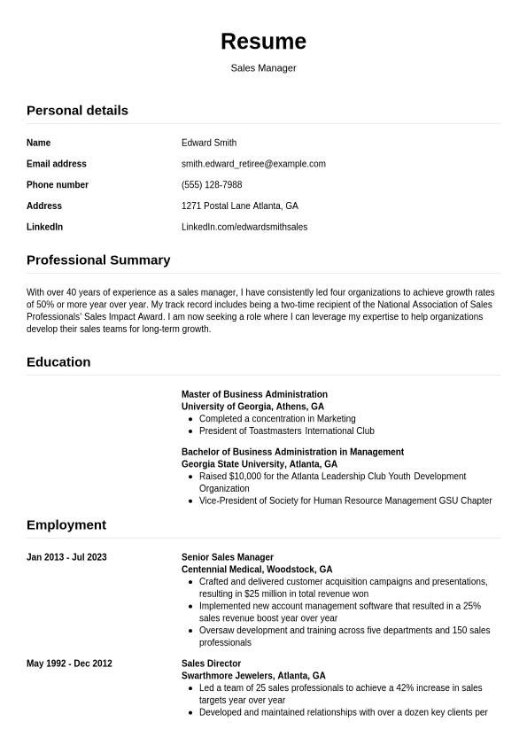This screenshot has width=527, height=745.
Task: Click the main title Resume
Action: [263, 42]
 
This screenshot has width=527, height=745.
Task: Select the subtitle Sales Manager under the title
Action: [263, 68]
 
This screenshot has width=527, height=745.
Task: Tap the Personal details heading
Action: [77, 111]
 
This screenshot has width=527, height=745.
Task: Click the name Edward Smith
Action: [209, 143]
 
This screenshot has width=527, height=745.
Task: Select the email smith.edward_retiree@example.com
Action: [253, 164]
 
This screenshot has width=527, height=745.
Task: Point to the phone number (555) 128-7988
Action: [212, 185]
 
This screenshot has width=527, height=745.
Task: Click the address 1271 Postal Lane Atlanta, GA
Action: [240, 206]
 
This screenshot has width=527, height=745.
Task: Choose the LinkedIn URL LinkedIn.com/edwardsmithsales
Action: [244, 227]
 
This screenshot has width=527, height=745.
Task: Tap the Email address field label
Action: [57, 164]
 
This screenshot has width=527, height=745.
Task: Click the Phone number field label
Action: [58, 185]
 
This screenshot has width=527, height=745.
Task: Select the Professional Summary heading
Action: [98, 260]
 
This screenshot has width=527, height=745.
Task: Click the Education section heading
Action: [58, 362]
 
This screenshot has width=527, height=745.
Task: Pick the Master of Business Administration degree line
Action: [254, 394]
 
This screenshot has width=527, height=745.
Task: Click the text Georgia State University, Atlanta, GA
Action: [260, 464]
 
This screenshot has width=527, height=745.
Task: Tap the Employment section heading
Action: [66, 525]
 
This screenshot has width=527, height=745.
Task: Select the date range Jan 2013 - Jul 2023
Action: [66, 557]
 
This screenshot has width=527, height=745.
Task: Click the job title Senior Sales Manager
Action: [228, 557]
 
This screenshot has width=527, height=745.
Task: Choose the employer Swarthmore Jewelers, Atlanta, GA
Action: [253, 676]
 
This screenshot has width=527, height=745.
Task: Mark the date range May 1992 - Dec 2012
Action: [69, 664]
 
